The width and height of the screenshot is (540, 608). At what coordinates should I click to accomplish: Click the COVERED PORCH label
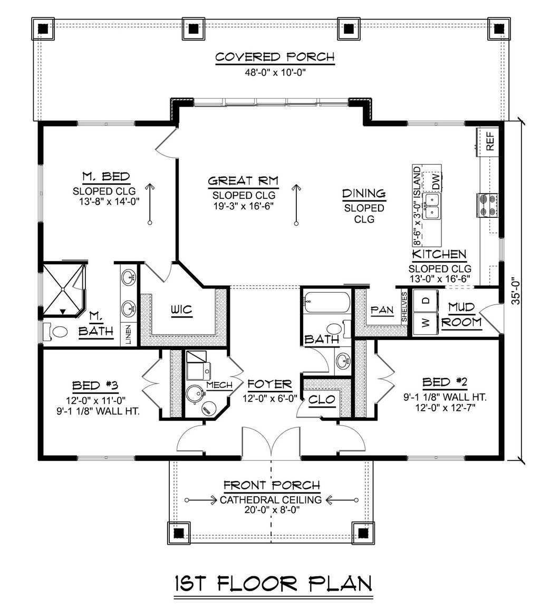coord(274,57)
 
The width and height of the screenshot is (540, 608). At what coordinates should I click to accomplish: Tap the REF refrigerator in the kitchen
coord(489,141)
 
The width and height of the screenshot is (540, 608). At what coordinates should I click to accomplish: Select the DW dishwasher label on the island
coord(436,181)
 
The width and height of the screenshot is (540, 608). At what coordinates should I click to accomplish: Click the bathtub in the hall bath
coord(327,303)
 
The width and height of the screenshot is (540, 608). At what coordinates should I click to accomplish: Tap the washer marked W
coord(425,323)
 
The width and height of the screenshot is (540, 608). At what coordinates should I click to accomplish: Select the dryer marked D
coord(425,301)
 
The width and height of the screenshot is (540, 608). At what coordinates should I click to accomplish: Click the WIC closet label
coord(181,310)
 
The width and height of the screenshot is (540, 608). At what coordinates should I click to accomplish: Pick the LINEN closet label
coord(128,334)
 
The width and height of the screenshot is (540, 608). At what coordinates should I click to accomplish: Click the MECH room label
coord(219,385)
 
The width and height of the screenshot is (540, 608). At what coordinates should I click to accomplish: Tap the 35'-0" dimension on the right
coord(515,291)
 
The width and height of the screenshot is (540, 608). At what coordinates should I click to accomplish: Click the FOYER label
coord(269,384)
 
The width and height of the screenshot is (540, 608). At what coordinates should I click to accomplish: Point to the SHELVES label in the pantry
coord(404,307)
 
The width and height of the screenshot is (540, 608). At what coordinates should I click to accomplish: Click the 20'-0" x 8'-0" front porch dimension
coord(273,509)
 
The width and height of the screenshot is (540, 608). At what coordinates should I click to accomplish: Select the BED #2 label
coord(445,382)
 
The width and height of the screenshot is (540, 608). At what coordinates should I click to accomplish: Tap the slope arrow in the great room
coord(296,205)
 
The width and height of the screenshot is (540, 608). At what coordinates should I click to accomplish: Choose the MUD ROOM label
coord(461,314)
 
